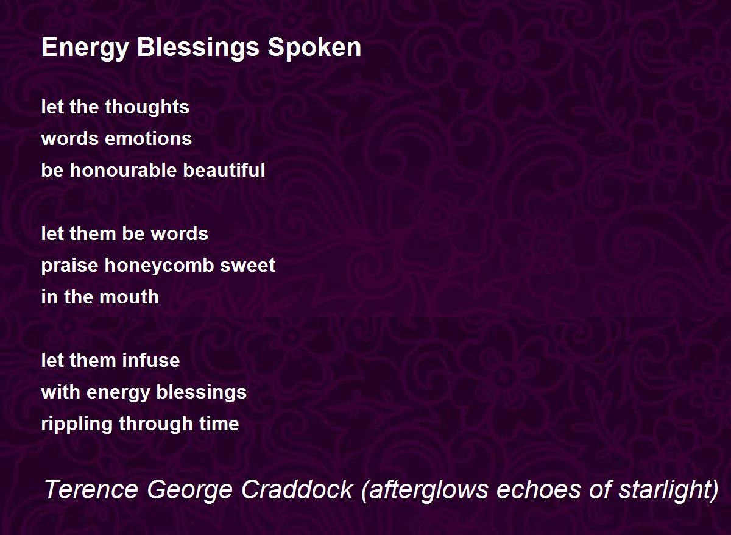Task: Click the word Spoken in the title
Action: pos(314,48)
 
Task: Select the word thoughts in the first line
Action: pos(147,107)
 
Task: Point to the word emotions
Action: pos(148,139)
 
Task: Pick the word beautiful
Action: pos(224,170)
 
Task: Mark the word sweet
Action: pos(247,266)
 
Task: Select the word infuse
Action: pos(151,360)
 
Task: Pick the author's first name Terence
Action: pos(91,490)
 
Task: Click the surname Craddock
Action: pos(297,490)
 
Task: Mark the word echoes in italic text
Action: pos(539,490)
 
